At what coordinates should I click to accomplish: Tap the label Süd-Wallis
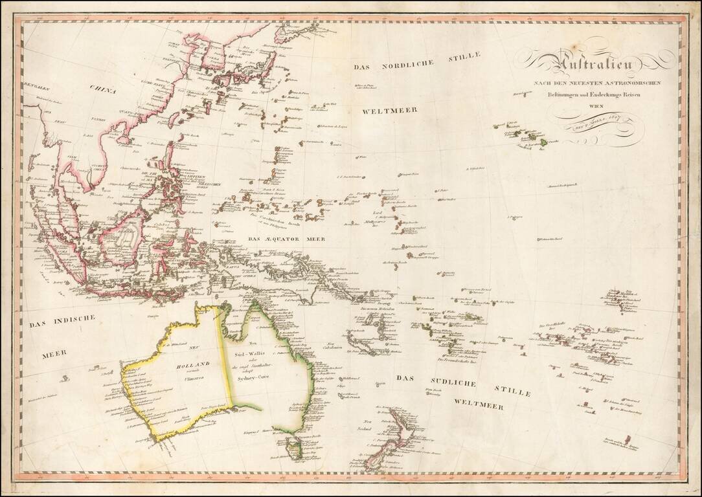click(251, 354)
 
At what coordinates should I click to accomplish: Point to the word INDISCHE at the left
click(72, 320)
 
